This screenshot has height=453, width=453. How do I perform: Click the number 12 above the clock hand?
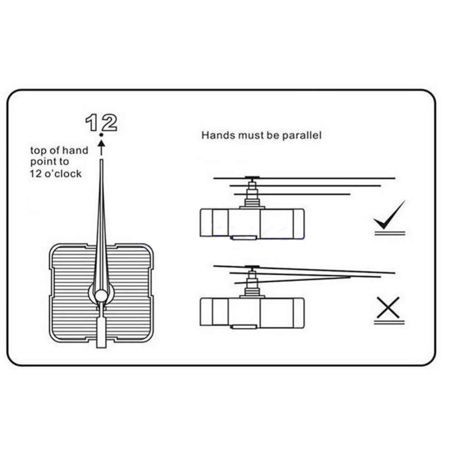(x=101, y=122)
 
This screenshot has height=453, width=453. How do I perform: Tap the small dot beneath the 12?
(x=101, y=135)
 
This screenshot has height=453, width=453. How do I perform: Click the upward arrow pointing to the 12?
(x=101, y=148)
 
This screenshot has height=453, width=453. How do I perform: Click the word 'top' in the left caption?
(x=38, y=151)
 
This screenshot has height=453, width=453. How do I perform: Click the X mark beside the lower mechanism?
(x=389, y=308)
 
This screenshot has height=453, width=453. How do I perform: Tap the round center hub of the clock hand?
(x=101, y=295)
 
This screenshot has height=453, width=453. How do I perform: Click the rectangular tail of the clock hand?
(x=101, y=332)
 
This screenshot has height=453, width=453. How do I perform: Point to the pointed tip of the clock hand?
(x=101, y=160)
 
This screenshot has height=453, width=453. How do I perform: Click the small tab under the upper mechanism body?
(x=244, y=237)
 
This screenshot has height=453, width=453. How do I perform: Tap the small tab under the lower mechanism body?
(x=244, y=327)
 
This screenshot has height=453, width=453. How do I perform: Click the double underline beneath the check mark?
(x=390, y=233)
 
